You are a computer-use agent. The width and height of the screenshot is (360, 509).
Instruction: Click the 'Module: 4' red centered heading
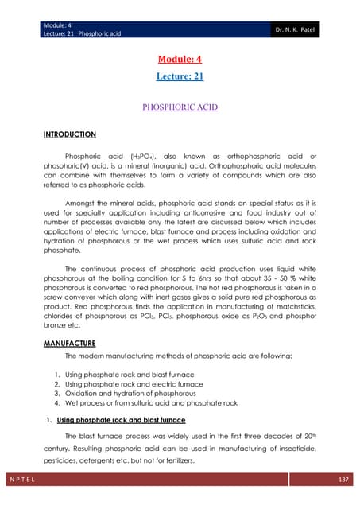[x=180, y=60]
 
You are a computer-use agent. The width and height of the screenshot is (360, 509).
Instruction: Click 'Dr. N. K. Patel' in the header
[x=324, y=14]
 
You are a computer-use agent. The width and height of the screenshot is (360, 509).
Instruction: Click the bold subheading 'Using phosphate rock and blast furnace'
[x=121, y=418]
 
